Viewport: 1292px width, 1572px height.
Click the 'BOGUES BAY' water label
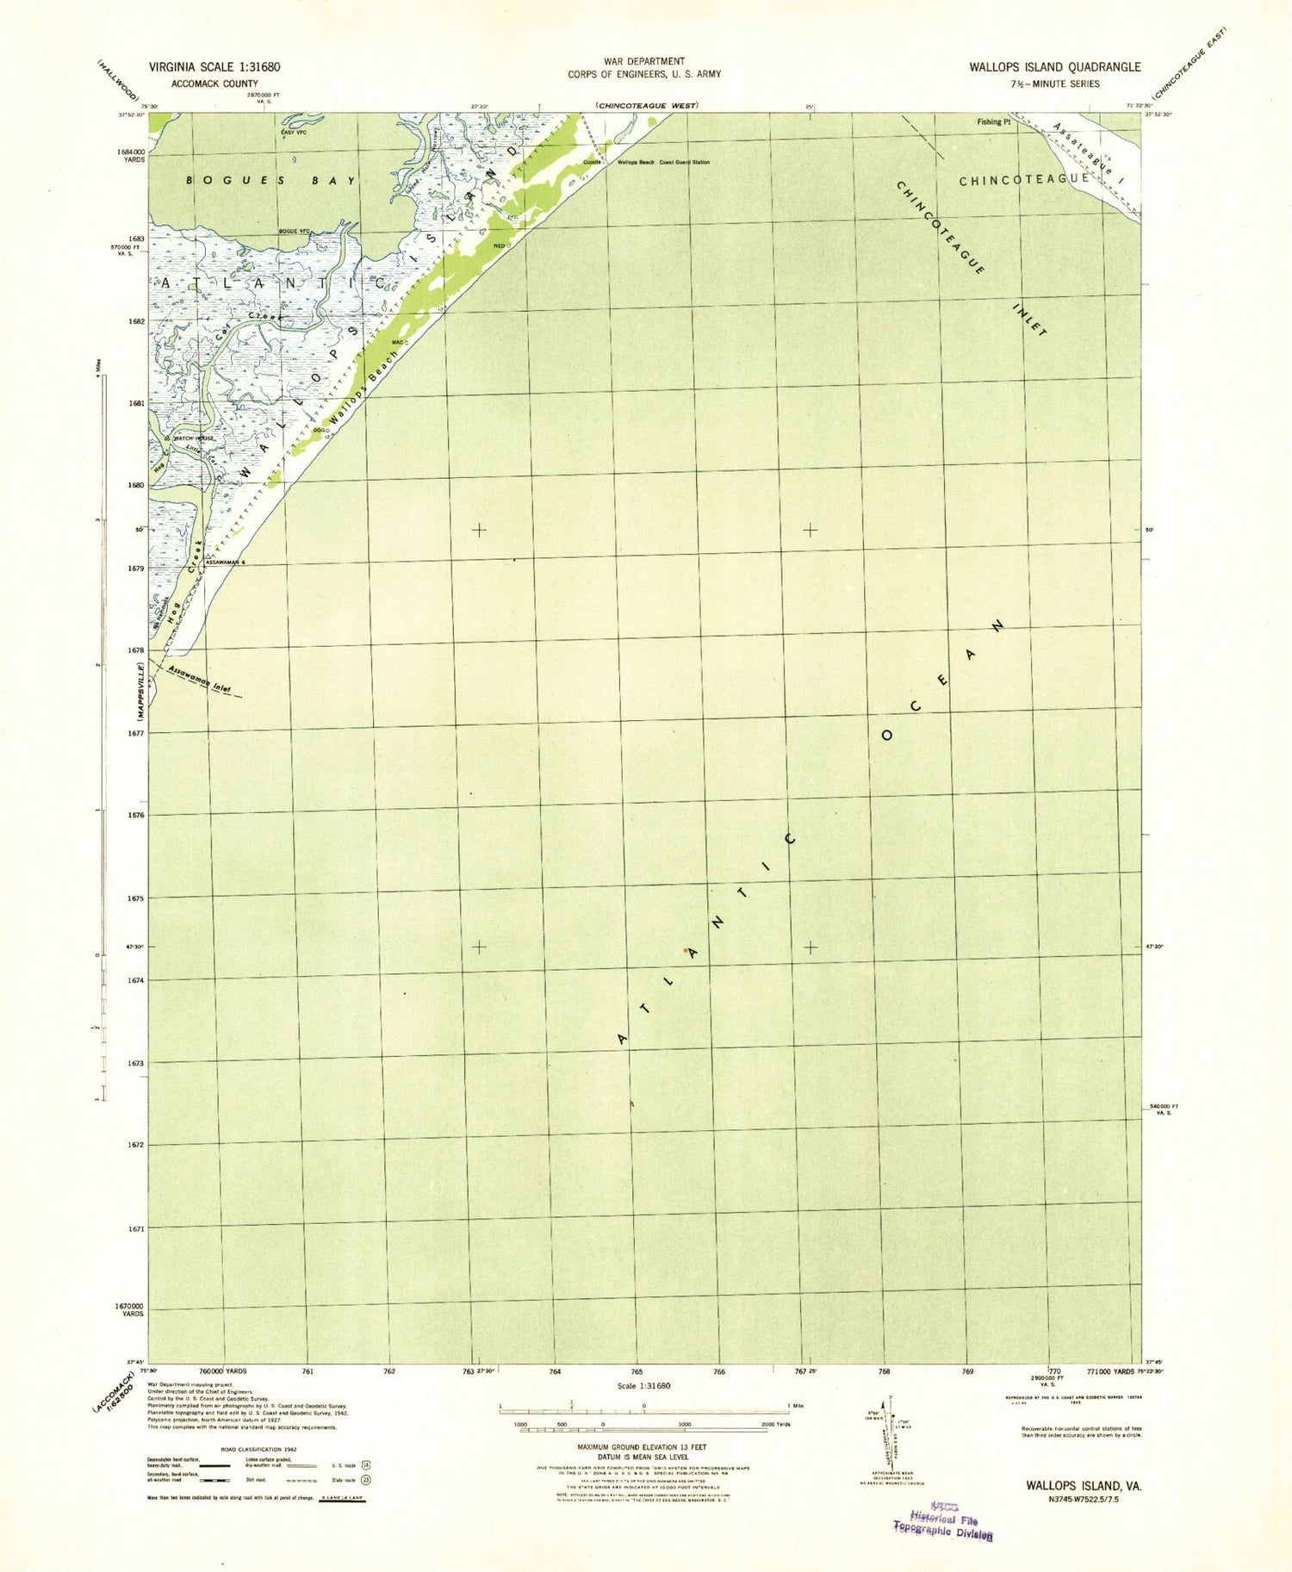click(272, 181)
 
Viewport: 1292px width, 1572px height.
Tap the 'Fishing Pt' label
click(993, 122)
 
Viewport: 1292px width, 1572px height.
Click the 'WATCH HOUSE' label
click(193, 438)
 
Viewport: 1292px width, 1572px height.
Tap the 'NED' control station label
click(498, 245)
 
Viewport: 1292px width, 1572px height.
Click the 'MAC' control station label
click(398, 343)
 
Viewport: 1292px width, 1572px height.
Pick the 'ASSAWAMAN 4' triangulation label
click(226, 562)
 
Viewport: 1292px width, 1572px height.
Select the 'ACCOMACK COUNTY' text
click(214, 84)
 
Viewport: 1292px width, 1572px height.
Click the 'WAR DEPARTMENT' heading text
click(644, 61)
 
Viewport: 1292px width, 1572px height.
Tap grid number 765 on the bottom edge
click(637, 1370)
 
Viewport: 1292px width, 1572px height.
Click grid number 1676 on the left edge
click(136, 815)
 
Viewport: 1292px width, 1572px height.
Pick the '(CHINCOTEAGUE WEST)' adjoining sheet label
click(646, 105)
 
